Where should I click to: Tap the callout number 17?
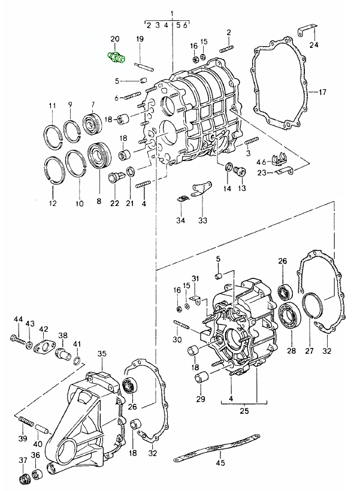[322, 92]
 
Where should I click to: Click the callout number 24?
[314, 45]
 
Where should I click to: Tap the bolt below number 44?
[19, 341]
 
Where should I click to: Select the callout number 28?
[291, 351]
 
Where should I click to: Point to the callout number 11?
[52, 106]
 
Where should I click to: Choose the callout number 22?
[115, 203]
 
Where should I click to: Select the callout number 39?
[23, 439]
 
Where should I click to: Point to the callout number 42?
[44, 329]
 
